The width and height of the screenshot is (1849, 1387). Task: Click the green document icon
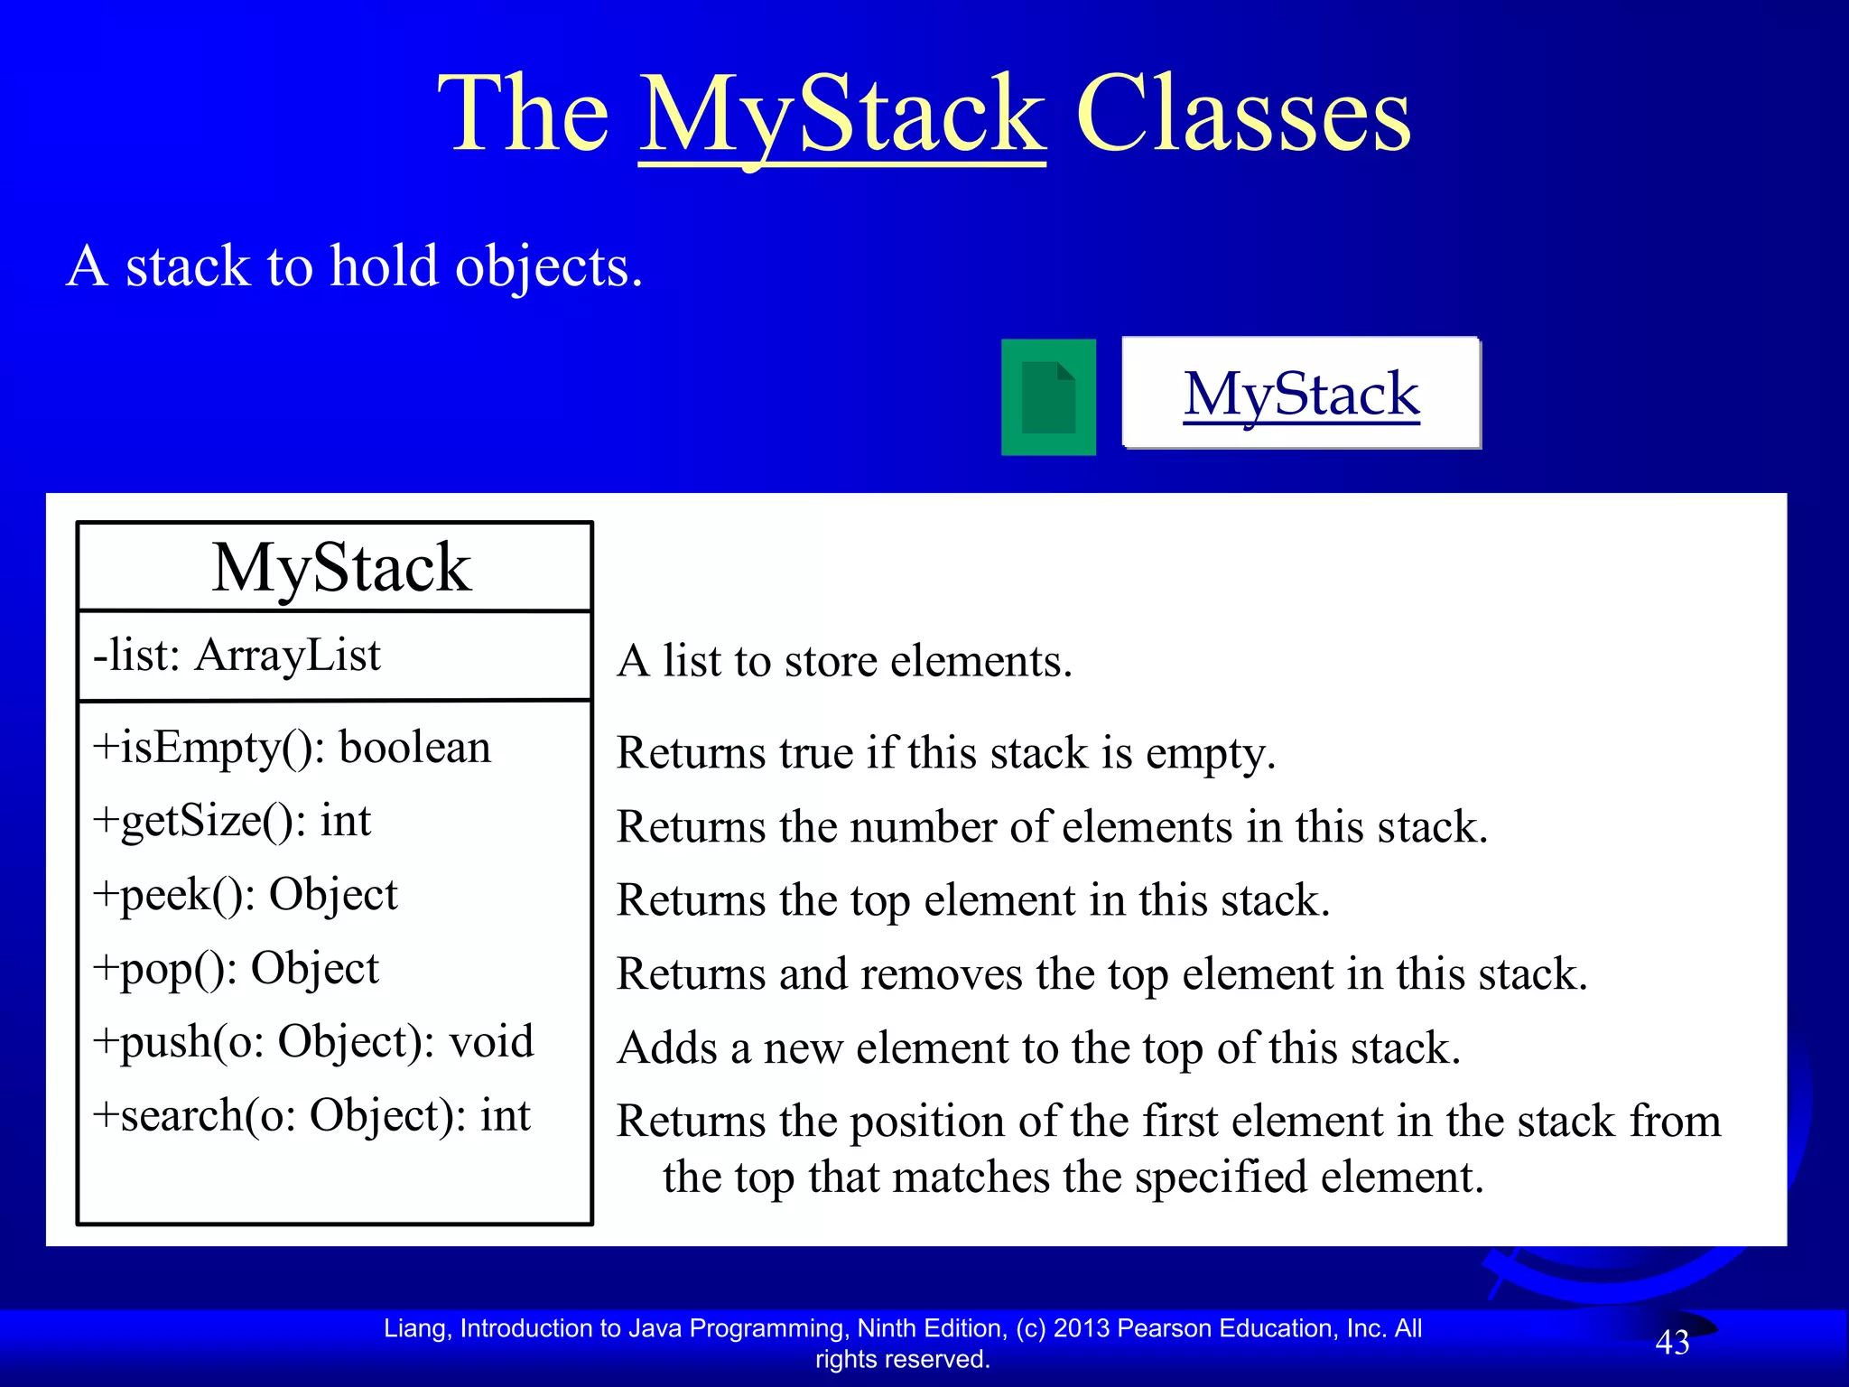point(1048,397)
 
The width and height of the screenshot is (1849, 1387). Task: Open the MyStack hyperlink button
point(1301,394)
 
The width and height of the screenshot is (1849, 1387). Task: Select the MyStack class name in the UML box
point(341,568)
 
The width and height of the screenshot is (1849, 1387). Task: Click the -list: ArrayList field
point(237,655)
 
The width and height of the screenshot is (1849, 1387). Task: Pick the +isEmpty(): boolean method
point(292,749)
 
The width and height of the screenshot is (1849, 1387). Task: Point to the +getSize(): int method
point(232,822)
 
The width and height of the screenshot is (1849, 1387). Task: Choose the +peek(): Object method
point(245,896)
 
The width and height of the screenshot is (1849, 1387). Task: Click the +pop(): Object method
point(236,969)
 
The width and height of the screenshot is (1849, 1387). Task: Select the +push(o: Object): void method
point(313,1042)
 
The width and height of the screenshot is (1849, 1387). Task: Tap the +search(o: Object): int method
point(311,1116)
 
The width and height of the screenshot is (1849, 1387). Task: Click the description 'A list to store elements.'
point(844,661)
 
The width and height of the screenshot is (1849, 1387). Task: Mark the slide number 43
point(1672,1343)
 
